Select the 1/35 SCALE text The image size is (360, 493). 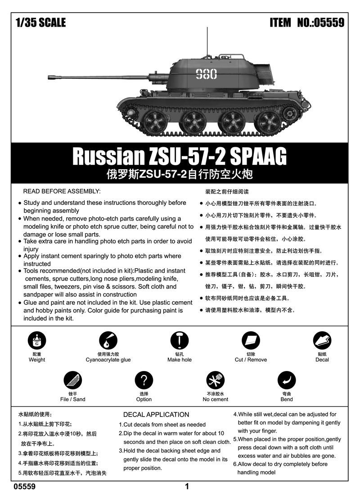tap(40, 23)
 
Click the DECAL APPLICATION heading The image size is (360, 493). tap(156, 414)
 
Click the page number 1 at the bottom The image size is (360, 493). tap(187, 486)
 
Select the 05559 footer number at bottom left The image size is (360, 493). tap(25, 486)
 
